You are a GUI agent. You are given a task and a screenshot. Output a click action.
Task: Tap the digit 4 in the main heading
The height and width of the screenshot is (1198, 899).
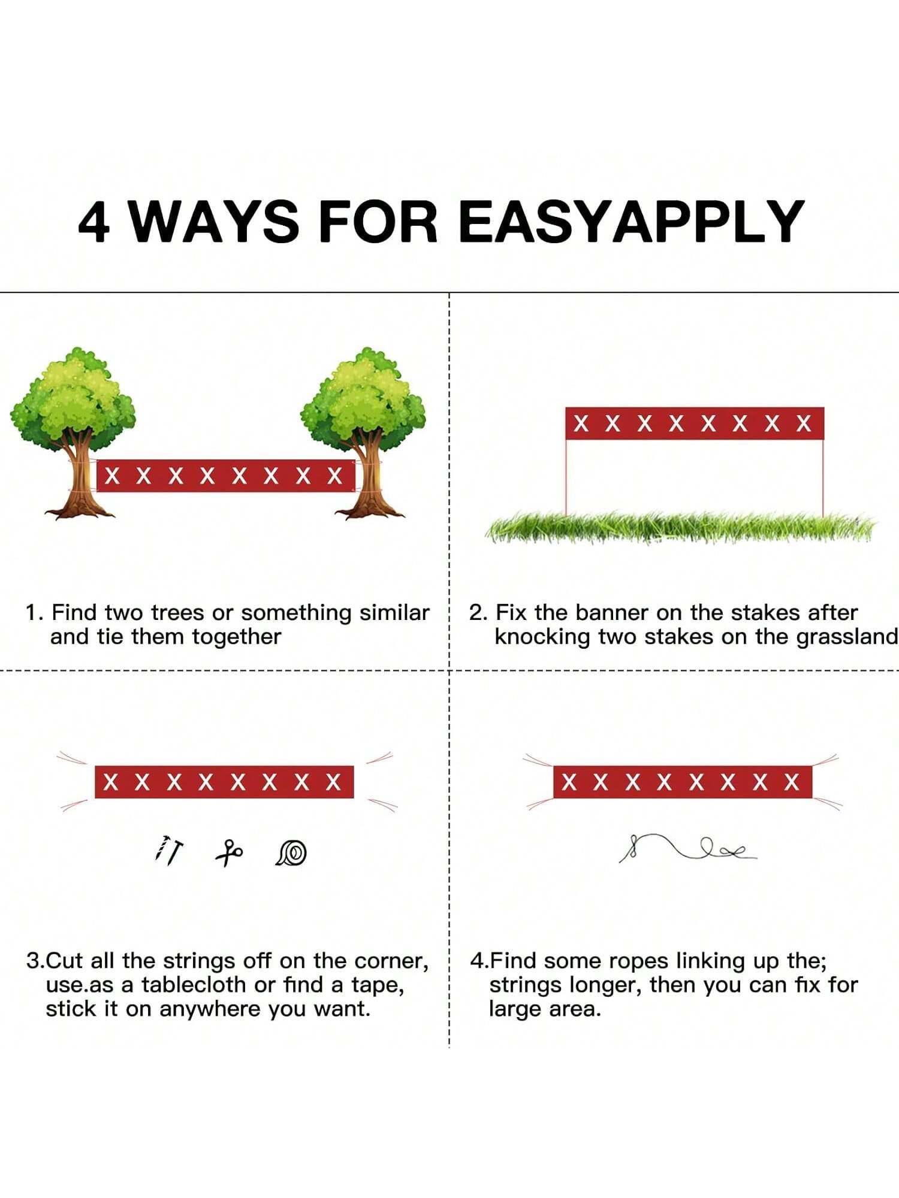(94, 222)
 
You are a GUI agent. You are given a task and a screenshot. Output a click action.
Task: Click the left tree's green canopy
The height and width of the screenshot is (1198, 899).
(73, 398)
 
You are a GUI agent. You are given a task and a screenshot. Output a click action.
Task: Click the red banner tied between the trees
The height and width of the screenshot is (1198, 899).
(226, 476)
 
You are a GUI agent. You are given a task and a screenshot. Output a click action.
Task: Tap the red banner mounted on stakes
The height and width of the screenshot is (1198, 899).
(695, 423)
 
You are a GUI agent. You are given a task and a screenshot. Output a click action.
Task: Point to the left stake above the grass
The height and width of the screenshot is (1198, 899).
(566, 477)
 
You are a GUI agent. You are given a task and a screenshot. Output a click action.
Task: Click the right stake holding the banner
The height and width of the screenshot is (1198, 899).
(823, 477)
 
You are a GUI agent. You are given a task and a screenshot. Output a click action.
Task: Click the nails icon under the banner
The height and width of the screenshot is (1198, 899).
(169, 849)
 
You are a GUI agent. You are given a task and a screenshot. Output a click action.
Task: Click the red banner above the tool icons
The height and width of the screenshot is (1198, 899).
(224, 782)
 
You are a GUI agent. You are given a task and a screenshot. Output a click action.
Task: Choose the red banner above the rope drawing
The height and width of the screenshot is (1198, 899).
(683, 782)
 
